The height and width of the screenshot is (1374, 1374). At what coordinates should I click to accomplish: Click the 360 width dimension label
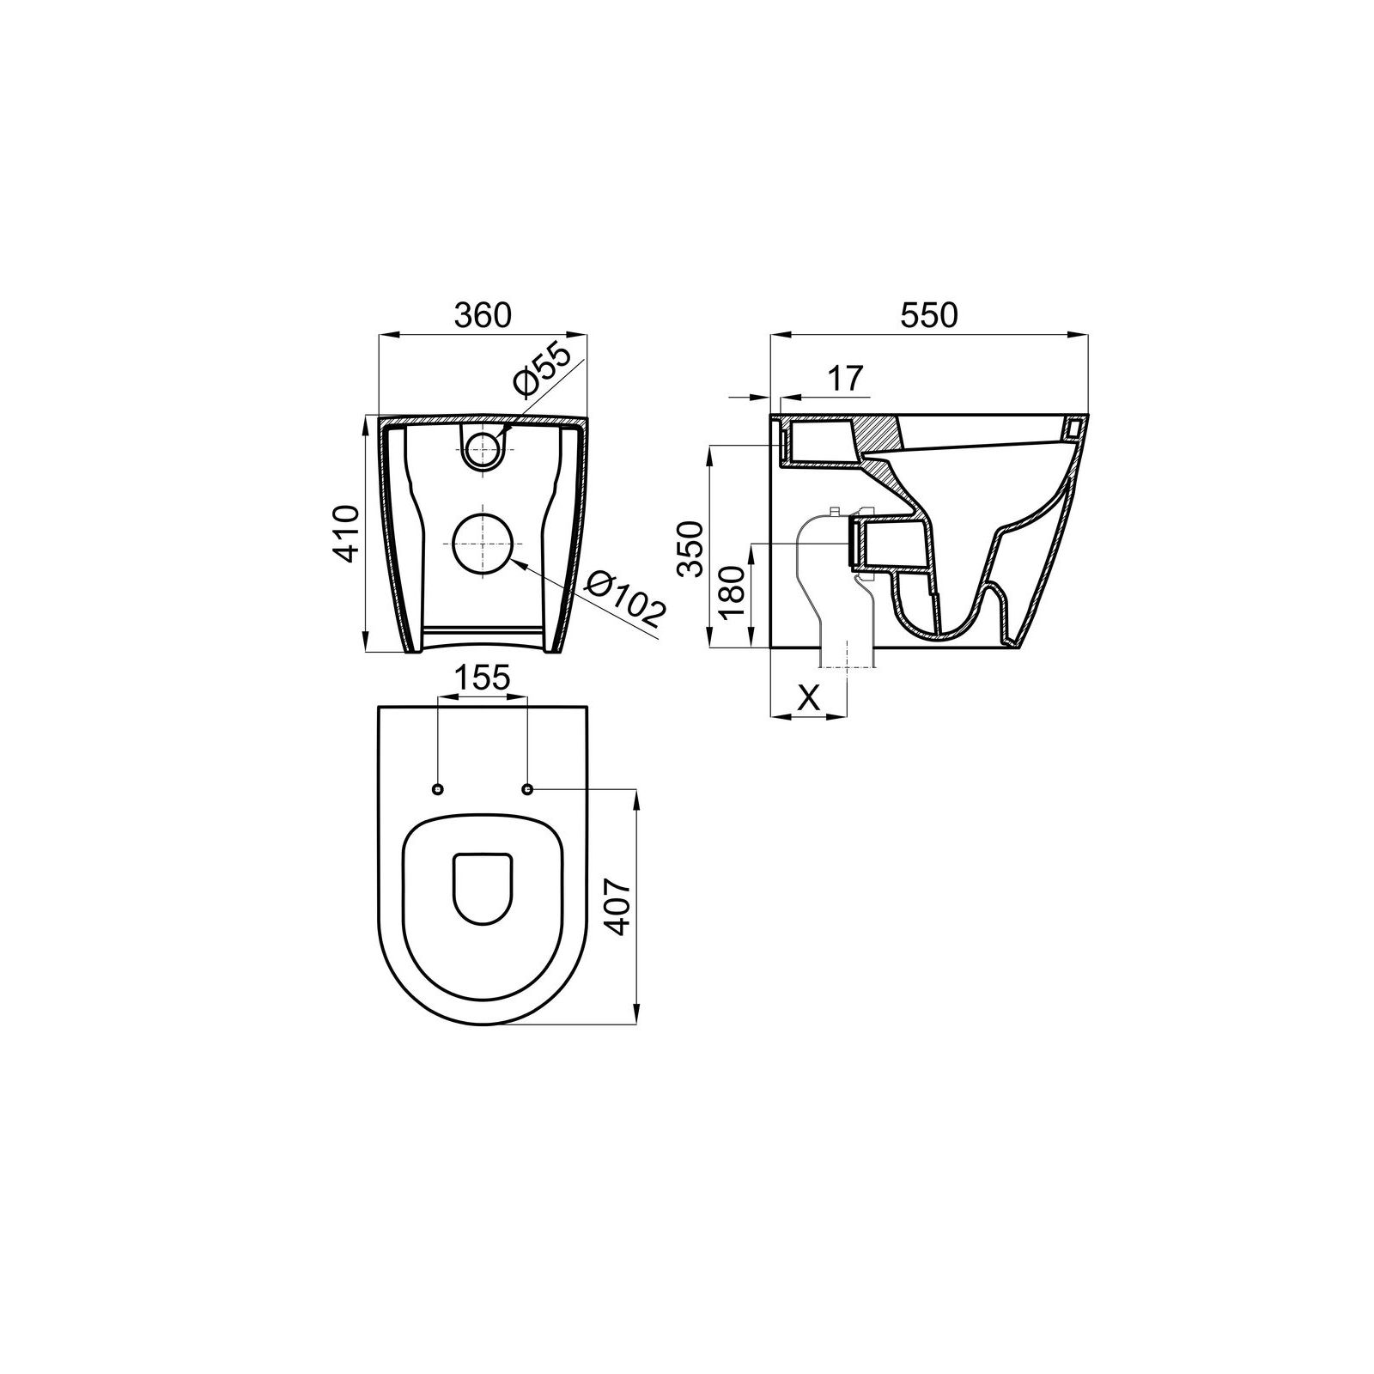click(x=483, y=315)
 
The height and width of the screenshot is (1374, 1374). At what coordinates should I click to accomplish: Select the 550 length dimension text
click(x=928, y=315)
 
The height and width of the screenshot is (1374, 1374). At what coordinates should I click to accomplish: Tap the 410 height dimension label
click(x=347, y=534)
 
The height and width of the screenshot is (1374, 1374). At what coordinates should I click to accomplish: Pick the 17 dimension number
click(x=845, y=378)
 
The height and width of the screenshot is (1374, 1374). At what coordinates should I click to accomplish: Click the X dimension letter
click(x=808, y=699)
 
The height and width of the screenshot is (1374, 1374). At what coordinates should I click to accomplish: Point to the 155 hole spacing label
click(x=482, y=678)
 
